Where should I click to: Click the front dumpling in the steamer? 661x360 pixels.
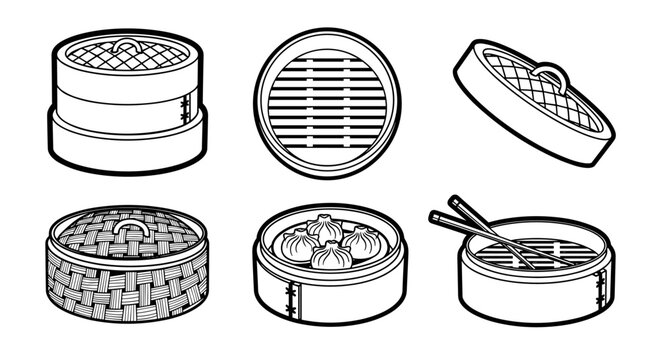pyautogui.click(x=330, y=257)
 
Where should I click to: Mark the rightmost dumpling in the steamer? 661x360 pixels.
pyautogui.click(x=359, y=240)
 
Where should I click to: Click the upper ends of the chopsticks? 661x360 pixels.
pyautogui.click(x=445, y=209)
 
